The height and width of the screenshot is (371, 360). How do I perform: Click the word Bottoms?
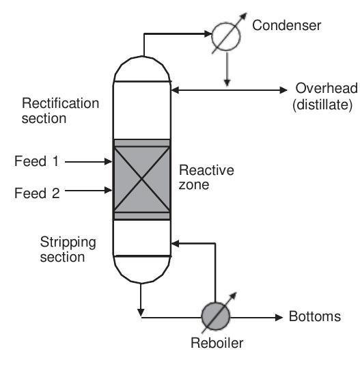tap(314, 317)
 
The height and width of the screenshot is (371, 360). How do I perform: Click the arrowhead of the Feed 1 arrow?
tap(108, 162)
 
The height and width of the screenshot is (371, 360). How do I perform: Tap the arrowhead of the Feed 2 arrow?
tap(108, 193)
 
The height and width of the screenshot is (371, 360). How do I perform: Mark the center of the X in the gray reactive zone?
tap(141, 179)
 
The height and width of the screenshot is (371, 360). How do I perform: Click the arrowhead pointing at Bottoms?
tap(279, 317)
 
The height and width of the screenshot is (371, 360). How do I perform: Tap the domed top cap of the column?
tap(141, 68)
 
